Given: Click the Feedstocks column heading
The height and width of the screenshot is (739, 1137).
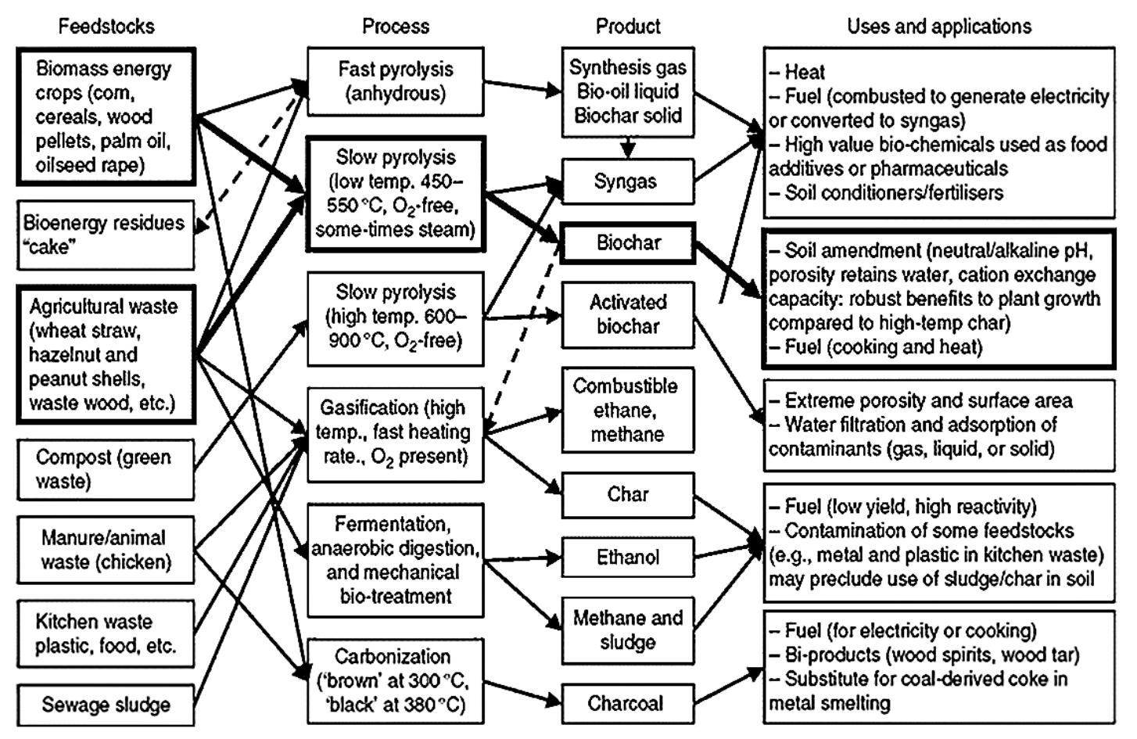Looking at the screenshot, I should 106,26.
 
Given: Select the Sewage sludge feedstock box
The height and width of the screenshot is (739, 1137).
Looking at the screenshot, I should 106,705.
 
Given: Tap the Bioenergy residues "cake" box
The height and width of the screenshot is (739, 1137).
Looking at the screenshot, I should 106,235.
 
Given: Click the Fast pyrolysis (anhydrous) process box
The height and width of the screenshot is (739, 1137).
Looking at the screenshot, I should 395,81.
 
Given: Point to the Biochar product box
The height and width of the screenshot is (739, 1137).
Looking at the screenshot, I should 627,243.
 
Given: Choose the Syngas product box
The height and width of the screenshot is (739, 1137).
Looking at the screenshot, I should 627,181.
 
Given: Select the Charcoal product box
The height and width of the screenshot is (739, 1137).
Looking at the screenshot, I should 627,703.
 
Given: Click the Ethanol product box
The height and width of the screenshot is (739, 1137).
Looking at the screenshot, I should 627,558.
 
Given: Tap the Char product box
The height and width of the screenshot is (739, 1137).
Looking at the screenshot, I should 627,495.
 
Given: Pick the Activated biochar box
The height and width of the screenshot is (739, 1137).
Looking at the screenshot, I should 627,314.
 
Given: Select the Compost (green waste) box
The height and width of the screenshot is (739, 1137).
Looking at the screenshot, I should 106,469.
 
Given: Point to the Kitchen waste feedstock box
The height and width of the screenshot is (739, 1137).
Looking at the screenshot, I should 106,633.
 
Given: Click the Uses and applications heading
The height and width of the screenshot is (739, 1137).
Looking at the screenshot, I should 938,26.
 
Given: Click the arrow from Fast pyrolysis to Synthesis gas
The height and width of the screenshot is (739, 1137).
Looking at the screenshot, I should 522,86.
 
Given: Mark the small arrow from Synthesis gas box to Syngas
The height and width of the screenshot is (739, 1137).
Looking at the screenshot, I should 627,146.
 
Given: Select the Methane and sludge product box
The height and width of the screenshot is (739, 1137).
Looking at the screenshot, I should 627,630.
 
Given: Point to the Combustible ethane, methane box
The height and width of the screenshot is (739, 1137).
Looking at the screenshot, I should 627,411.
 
